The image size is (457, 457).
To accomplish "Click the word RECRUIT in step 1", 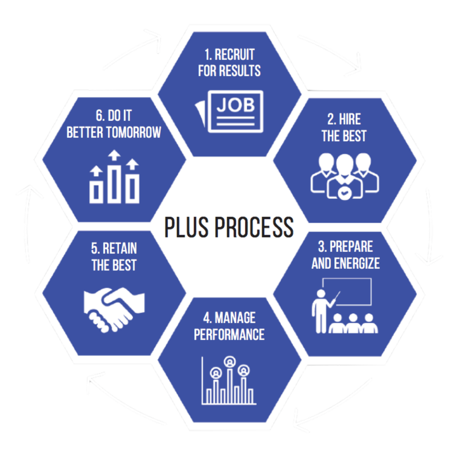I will coord(234,55).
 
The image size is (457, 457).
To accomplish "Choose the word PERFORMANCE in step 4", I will coord(229,334).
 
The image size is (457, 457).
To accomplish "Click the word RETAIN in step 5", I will coord(120,249).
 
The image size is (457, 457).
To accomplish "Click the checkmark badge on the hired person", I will coord(343,194).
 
